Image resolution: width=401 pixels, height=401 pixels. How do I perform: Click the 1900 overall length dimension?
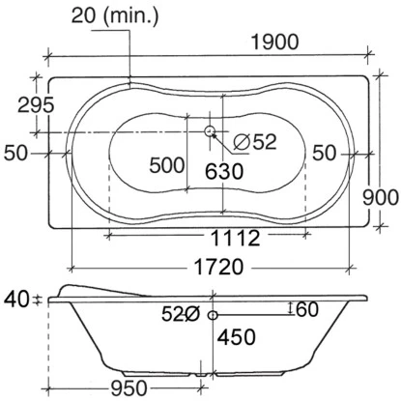pos(274,43)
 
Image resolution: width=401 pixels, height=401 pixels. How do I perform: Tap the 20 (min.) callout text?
pos(115,15)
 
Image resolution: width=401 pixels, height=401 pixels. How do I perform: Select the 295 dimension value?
pos(36,104)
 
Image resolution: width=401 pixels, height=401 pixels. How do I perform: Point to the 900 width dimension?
pos(381,197)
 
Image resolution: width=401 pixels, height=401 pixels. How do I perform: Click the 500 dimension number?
pos(167,165)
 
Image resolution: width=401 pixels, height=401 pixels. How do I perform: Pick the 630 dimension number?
pos(224,171)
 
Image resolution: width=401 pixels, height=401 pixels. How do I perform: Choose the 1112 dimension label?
pos(235,238)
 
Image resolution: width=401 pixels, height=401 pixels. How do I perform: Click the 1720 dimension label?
pos(219,267)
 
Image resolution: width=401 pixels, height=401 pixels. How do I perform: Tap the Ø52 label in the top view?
pos(255,142)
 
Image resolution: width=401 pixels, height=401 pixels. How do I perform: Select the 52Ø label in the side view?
pos(181,314)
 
